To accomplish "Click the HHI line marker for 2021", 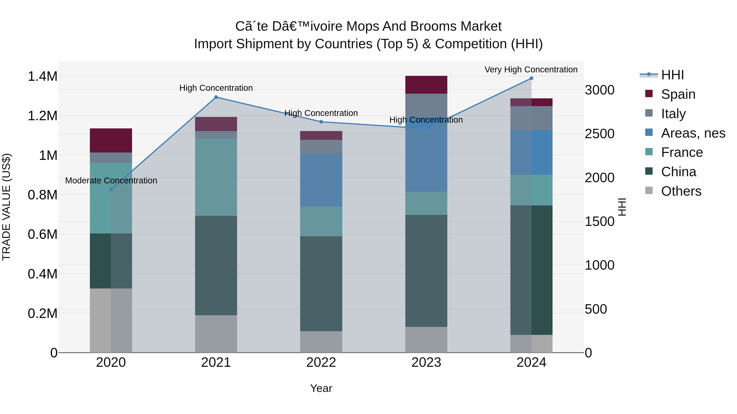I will pos(216,97).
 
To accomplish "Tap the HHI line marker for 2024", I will pos(531,78).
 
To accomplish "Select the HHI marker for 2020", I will pos(111,190).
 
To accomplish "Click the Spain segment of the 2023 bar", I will pos(426,85).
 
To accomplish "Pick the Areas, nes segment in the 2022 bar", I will pos(321,180).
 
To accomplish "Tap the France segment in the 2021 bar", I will pos(216,177).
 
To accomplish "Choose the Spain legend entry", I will pos(678,94).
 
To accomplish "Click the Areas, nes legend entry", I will pos(693,133).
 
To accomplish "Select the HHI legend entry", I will pos(672,75).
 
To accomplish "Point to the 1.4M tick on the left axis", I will pos(42,77).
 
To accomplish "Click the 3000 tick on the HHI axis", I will pos(599,90).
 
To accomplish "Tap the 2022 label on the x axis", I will pos(321,362).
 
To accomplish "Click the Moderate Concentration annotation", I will pos(111,181).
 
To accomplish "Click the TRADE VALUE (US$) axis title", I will pos(6,207).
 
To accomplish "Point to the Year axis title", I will pos(321,388).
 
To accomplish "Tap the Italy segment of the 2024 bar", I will pos(531,118).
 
